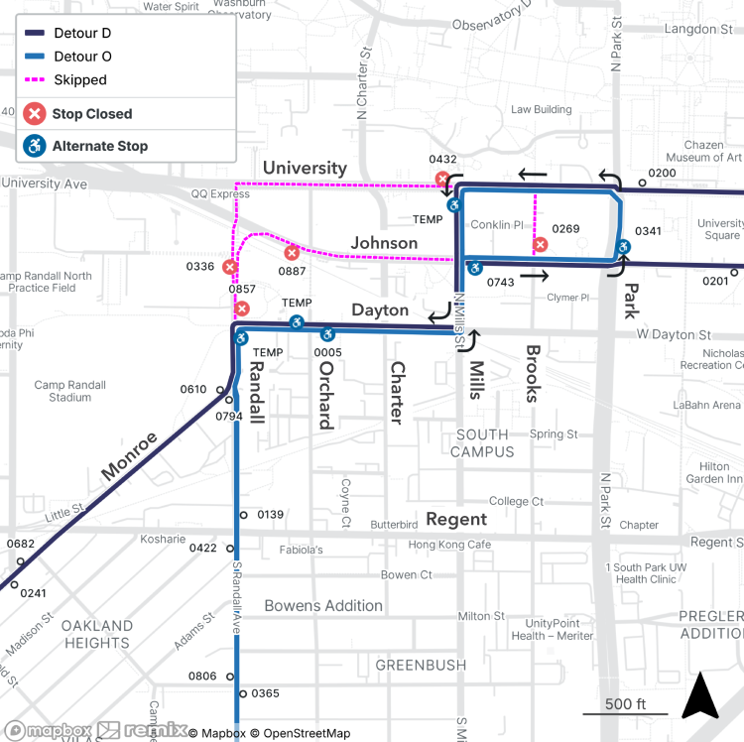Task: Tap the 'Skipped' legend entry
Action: click(80, 80)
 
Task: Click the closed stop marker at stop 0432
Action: click(442, 180)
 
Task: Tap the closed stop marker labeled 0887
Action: click(292, 252)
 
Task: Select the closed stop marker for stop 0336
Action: click(230, 267)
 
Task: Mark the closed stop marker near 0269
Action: click(540, 244)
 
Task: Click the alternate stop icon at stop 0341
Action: click(624, 247)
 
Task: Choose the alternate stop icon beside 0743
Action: click(475, 267)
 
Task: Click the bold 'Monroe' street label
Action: click(129, 457)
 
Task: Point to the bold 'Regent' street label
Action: click(456, 519)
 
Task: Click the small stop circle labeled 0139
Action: click(241, 515)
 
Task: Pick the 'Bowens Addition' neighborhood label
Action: click(322, 605)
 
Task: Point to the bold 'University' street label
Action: click(305, 168)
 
